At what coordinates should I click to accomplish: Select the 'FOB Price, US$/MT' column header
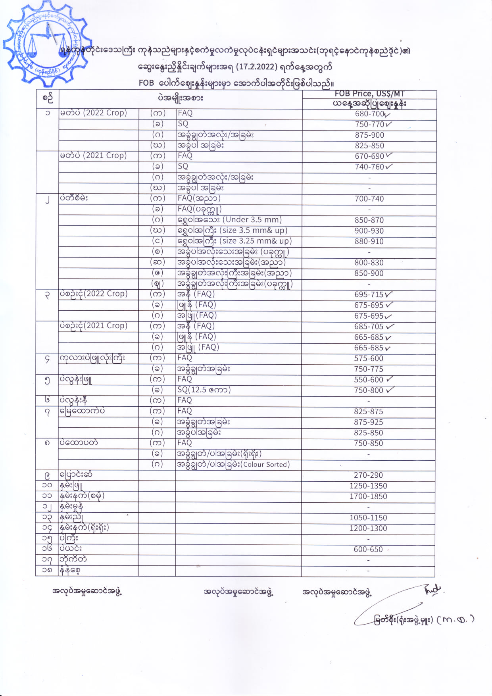369,94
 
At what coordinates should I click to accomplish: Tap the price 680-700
369,114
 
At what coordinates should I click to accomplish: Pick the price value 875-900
369,135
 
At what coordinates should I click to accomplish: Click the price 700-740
369,199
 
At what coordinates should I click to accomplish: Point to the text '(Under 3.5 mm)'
252,220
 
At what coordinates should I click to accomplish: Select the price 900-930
369,231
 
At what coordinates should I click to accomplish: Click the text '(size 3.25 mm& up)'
256,241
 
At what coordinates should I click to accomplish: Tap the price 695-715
369,294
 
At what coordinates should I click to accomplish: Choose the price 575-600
369,358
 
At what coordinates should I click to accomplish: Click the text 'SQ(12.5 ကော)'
204,390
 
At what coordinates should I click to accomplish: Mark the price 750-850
368,443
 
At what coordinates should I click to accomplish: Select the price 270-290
368,475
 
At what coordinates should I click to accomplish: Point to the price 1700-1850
368,496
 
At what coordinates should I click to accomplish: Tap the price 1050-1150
368,518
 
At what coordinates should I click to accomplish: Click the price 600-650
368,550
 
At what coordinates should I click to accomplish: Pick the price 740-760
369,167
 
